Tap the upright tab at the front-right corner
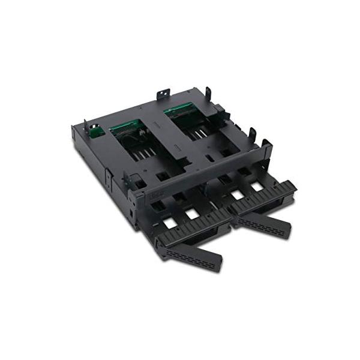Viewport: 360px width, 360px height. coord(266,145)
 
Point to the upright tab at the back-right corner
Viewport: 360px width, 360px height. coord(208,93)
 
